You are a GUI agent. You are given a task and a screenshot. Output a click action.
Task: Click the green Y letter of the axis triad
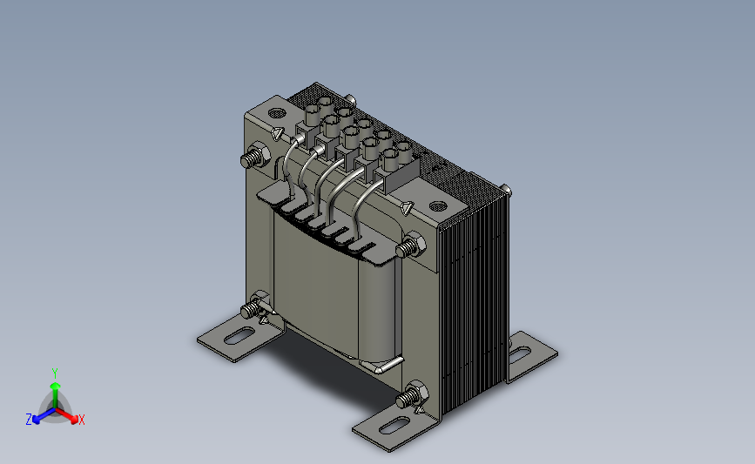click(54, 373)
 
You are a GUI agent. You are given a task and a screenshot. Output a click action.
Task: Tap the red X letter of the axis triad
click(81, 420)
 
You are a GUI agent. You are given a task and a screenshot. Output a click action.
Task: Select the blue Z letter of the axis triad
click(29, 420)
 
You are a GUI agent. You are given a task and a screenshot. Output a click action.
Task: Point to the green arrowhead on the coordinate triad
click(55, 386)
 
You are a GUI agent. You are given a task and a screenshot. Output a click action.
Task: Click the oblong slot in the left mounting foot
click(239, 335)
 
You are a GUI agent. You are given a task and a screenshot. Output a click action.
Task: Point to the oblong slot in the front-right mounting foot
click(394, 426)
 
